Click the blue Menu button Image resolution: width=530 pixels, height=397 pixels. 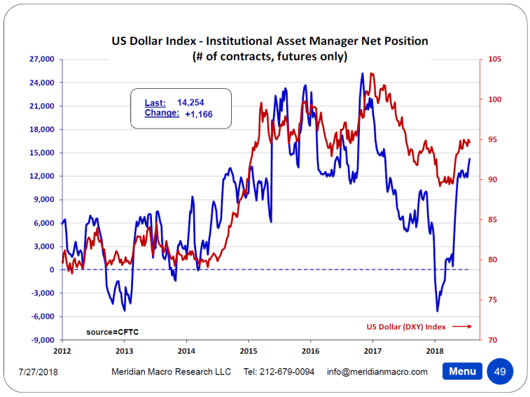[463, 371]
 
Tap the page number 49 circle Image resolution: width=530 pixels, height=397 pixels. [500, 371]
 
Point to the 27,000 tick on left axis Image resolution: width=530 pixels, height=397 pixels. [41, 60]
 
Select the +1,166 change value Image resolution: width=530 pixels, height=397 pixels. [199, 113]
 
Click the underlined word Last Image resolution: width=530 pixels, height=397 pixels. [155, 102]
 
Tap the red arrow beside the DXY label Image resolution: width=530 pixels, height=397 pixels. [462, 326]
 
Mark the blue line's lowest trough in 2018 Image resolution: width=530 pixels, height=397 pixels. [438, 311]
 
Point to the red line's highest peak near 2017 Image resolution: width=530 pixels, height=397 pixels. [371, 73]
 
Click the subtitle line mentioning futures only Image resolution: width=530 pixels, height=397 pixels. [270, 57]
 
